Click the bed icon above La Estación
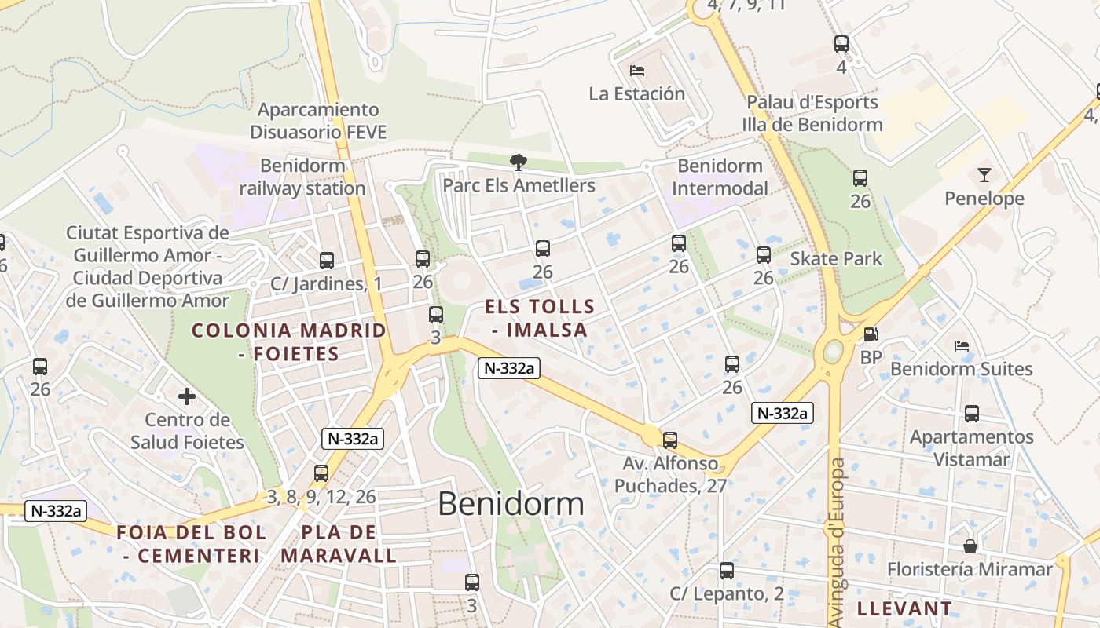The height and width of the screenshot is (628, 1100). click(637, 71)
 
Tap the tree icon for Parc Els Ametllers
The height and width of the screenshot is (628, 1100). click(518, 162)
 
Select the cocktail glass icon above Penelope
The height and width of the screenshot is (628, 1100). click(984, 175)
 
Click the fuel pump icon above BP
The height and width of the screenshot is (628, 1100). click(871, 334)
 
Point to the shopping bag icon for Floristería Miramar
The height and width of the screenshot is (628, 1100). click(970, 546)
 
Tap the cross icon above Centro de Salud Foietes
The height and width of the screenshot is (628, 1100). click(187, 396)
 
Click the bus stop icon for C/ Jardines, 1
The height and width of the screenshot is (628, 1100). click(326, 261)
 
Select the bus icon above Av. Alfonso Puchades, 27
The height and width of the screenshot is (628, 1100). click(669, 440)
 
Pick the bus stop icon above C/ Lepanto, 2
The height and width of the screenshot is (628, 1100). click(727, 571)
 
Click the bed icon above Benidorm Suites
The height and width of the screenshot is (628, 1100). click(961, 346)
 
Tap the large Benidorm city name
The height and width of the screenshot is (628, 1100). click(511, 504)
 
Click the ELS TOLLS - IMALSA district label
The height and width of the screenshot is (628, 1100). click(540, 318)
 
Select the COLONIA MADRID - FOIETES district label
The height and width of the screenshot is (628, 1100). click(289, 341)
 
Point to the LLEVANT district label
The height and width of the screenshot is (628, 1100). click(904, 608)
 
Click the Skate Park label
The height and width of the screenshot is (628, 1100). click(836, 259)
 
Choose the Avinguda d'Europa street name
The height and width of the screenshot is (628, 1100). click(838, 542)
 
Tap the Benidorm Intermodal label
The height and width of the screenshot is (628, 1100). click(720, 177)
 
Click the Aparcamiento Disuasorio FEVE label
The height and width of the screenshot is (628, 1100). click(318, 121)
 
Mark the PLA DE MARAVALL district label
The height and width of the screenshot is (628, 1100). click(339, 544)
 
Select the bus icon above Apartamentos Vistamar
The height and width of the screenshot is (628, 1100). click(972, 414)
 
